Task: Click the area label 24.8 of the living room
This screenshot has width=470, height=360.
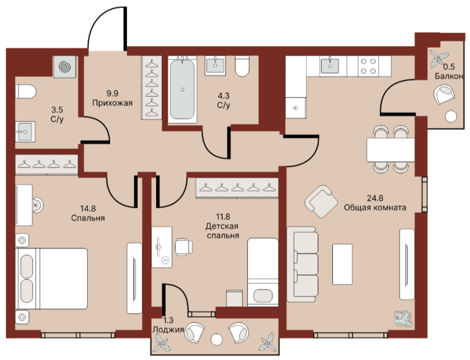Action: (375, 198)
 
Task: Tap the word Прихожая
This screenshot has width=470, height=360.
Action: (112, 103)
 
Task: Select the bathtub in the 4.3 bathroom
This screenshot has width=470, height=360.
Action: (182, 90)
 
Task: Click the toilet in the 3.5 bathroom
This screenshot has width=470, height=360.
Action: (26, 91)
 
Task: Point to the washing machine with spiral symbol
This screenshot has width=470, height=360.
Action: (64, 67)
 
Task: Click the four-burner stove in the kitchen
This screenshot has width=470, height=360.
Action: (368, 66)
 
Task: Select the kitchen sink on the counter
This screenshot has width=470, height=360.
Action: (330, 66)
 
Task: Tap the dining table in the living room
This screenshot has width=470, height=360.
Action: (391, 150)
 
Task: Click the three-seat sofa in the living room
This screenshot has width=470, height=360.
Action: (303, 264)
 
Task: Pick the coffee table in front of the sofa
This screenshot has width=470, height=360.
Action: (342, 264)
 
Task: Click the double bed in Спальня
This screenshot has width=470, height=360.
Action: (51, 278)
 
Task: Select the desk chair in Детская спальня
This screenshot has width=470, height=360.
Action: (184, 247)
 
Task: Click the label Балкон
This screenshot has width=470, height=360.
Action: (449, 76)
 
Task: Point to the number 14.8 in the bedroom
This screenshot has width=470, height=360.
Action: (88, 208)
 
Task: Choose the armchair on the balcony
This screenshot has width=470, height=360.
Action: (444, 95)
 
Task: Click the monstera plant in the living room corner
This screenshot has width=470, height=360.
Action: (403, 319)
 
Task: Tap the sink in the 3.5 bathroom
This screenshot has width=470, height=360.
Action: (25, 132)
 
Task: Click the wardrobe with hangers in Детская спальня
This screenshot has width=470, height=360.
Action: (237, 188)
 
